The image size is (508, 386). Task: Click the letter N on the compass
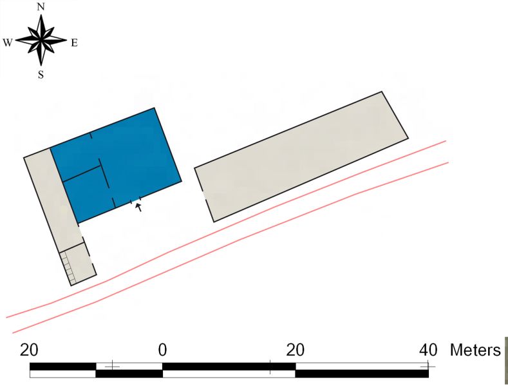coord(41,7)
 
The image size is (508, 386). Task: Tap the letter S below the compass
coord(41,75)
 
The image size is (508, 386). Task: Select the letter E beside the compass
coord(74,43)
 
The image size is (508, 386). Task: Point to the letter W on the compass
coord(8,43)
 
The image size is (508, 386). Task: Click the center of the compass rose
coord(41,40)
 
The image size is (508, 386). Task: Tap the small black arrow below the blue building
coord(139,207)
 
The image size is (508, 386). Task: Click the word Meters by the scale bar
coord(475,351)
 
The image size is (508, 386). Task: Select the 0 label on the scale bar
coord(162,351)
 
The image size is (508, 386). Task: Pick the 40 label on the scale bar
coord(428,351)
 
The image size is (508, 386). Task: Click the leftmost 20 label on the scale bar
coord(29,351)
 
